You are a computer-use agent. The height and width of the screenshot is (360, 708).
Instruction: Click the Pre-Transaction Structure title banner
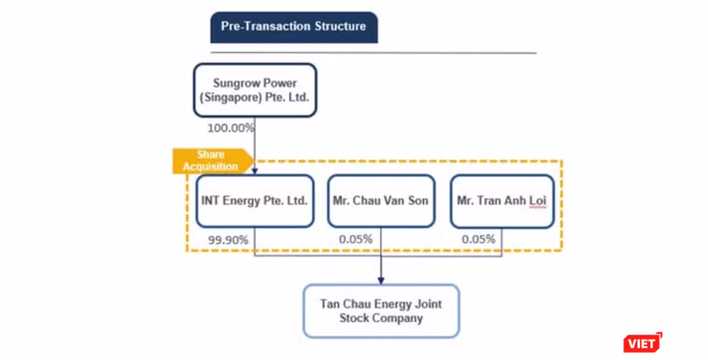[x=294, y=27]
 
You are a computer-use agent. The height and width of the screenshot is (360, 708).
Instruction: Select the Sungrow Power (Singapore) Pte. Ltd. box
[x=255, y=90]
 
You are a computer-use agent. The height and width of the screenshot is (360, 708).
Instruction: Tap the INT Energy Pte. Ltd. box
[x=254, y=201]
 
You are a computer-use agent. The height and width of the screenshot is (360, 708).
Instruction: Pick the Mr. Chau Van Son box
[x=381, y=201]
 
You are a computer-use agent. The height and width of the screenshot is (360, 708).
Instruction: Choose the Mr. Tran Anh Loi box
[x=502, y=201]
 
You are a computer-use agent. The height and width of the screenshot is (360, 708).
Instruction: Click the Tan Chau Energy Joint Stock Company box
[x=381, y=311]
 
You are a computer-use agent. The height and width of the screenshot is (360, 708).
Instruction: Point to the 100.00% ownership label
[x=231, y=128]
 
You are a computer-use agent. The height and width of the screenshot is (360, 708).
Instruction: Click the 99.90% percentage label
[x=228, y=240]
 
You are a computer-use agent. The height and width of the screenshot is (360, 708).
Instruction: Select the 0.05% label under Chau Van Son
[x=356, y=239]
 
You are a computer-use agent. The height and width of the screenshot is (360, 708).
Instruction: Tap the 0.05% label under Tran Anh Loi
[x=478, y=239]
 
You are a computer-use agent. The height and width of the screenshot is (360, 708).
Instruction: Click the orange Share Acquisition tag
[x=212, y=161]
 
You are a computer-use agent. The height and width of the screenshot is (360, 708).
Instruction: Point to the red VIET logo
[x=642, y=343]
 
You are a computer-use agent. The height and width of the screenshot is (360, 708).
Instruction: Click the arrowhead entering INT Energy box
[x=254, y=171]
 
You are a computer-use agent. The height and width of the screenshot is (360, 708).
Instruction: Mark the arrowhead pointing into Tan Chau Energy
[x=380, y=280]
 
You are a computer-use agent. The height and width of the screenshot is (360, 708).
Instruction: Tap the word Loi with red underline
[x=538, y=201]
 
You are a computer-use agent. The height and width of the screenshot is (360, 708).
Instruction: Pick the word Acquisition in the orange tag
[x=211, y=167]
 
